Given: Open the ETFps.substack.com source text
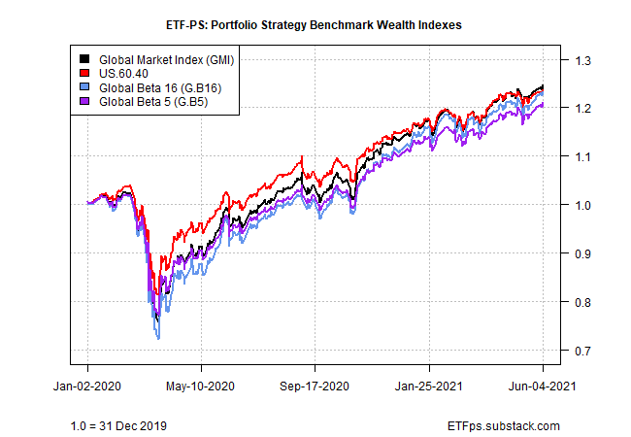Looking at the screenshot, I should click(506, 425).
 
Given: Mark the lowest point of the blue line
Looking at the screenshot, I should click(158, 339).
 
